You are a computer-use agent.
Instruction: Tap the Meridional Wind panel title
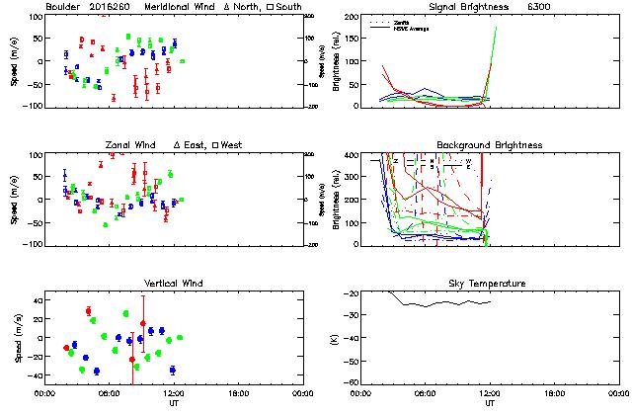(x=179, y=7)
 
